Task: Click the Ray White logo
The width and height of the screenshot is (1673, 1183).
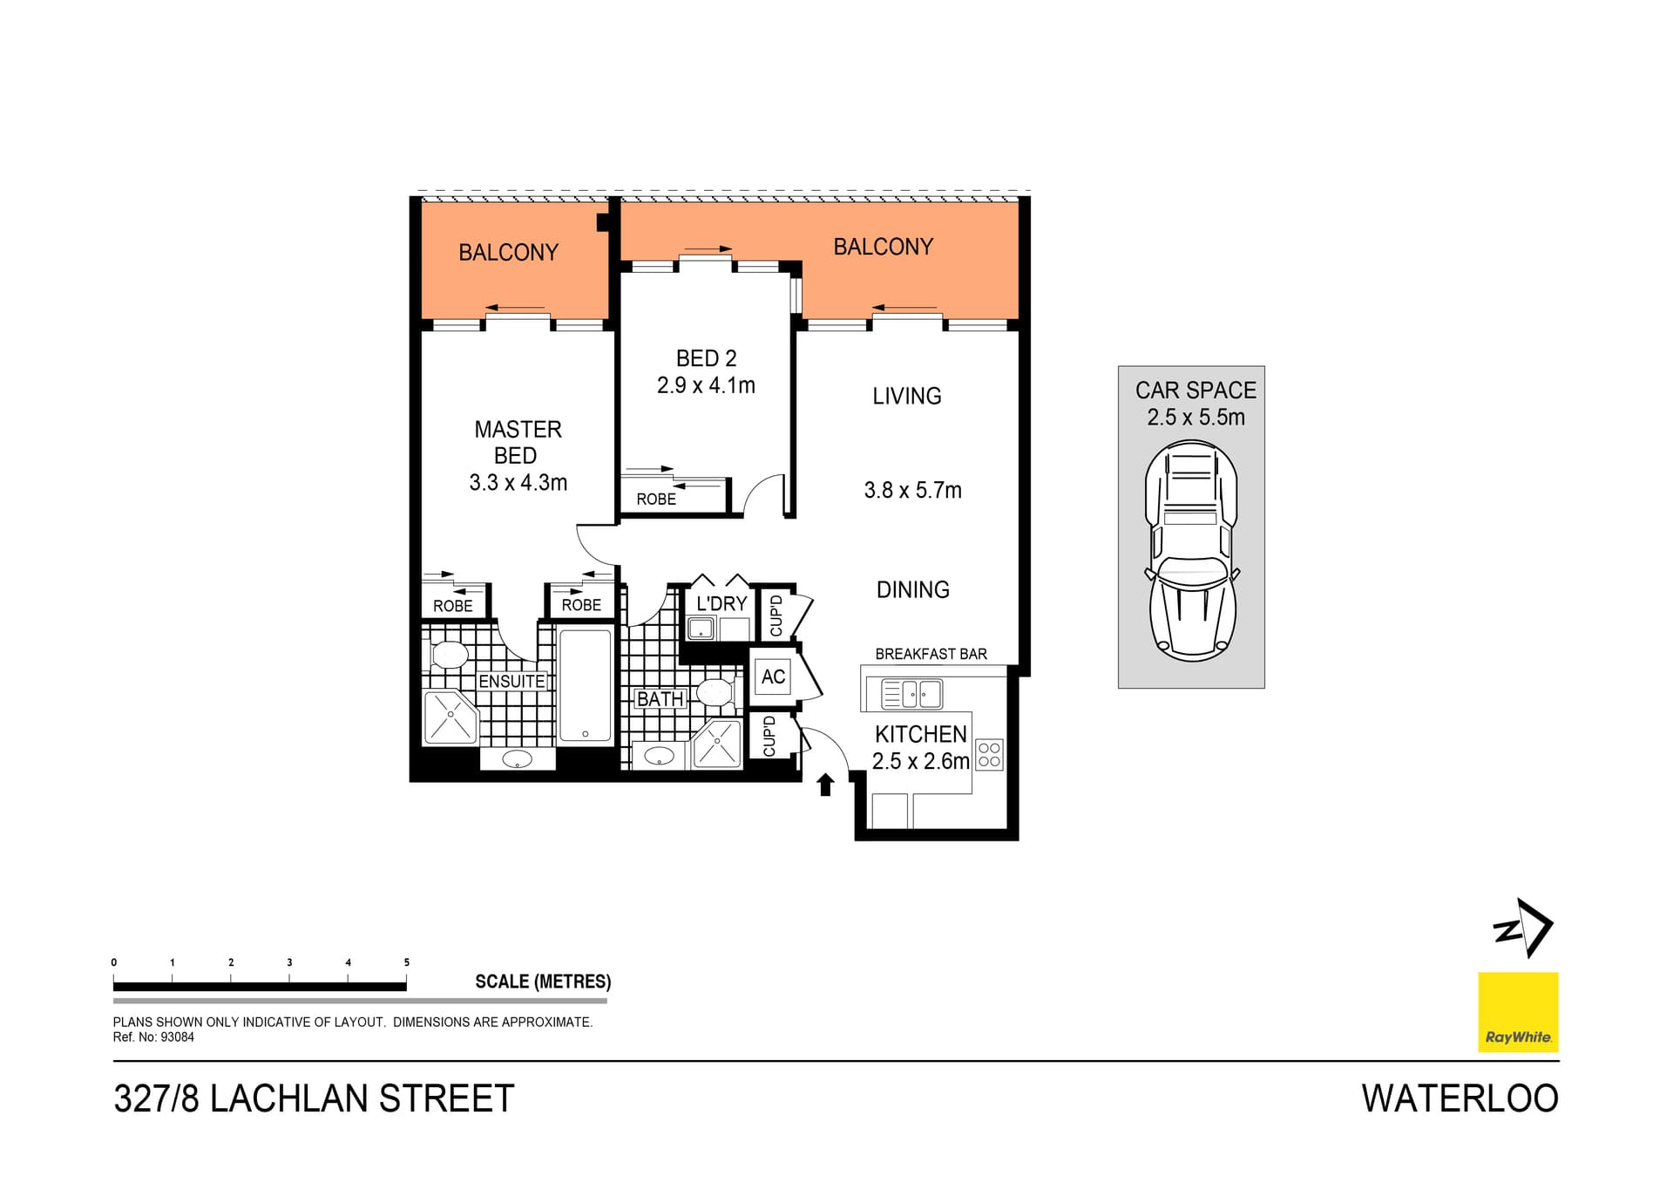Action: (x=1518, y=1011)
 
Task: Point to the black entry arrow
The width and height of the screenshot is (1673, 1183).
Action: (x=825, y=785)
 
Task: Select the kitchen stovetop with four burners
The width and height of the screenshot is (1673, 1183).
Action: (x=990, y=754)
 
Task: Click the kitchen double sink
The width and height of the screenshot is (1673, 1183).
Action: (x=911, y=694)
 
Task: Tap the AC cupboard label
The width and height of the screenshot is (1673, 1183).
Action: (x=773, y=676)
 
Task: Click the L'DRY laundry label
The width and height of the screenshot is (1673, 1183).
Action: (x=721, y=603)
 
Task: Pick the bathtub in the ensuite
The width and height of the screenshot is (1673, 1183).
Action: (x=585, y=684)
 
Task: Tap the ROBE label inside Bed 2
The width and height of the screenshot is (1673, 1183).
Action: (x=656, y=500)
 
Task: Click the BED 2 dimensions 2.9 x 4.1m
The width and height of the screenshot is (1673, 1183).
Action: (x=706, y=385)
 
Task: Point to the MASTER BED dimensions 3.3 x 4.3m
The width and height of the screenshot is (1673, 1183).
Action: (x=518, y=483)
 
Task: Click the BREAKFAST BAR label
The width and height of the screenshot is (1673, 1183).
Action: (x=931, y=654)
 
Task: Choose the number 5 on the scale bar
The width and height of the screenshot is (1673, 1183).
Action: (x=406, y=962)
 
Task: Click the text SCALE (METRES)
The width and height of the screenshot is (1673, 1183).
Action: (x=543, y=982)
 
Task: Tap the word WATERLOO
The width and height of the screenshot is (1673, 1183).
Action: (x=1460, y=1098)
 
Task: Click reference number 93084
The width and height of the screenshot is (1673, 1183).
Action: (x=178, y=1037)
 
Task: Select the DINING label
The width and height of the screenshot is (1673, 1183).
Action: (x=912, y=590)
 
